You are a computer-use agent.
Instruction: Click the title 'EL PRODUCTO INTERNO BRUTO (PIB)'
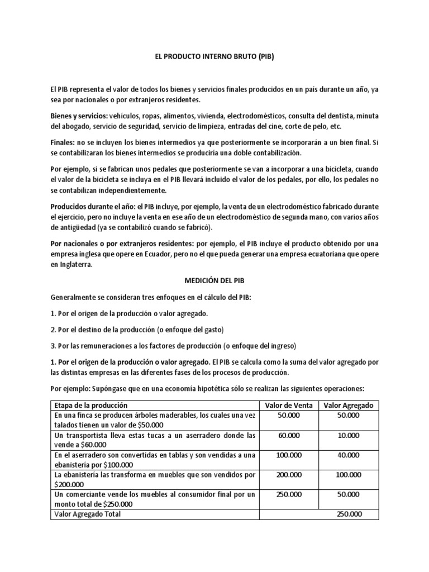coord(214,56)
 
